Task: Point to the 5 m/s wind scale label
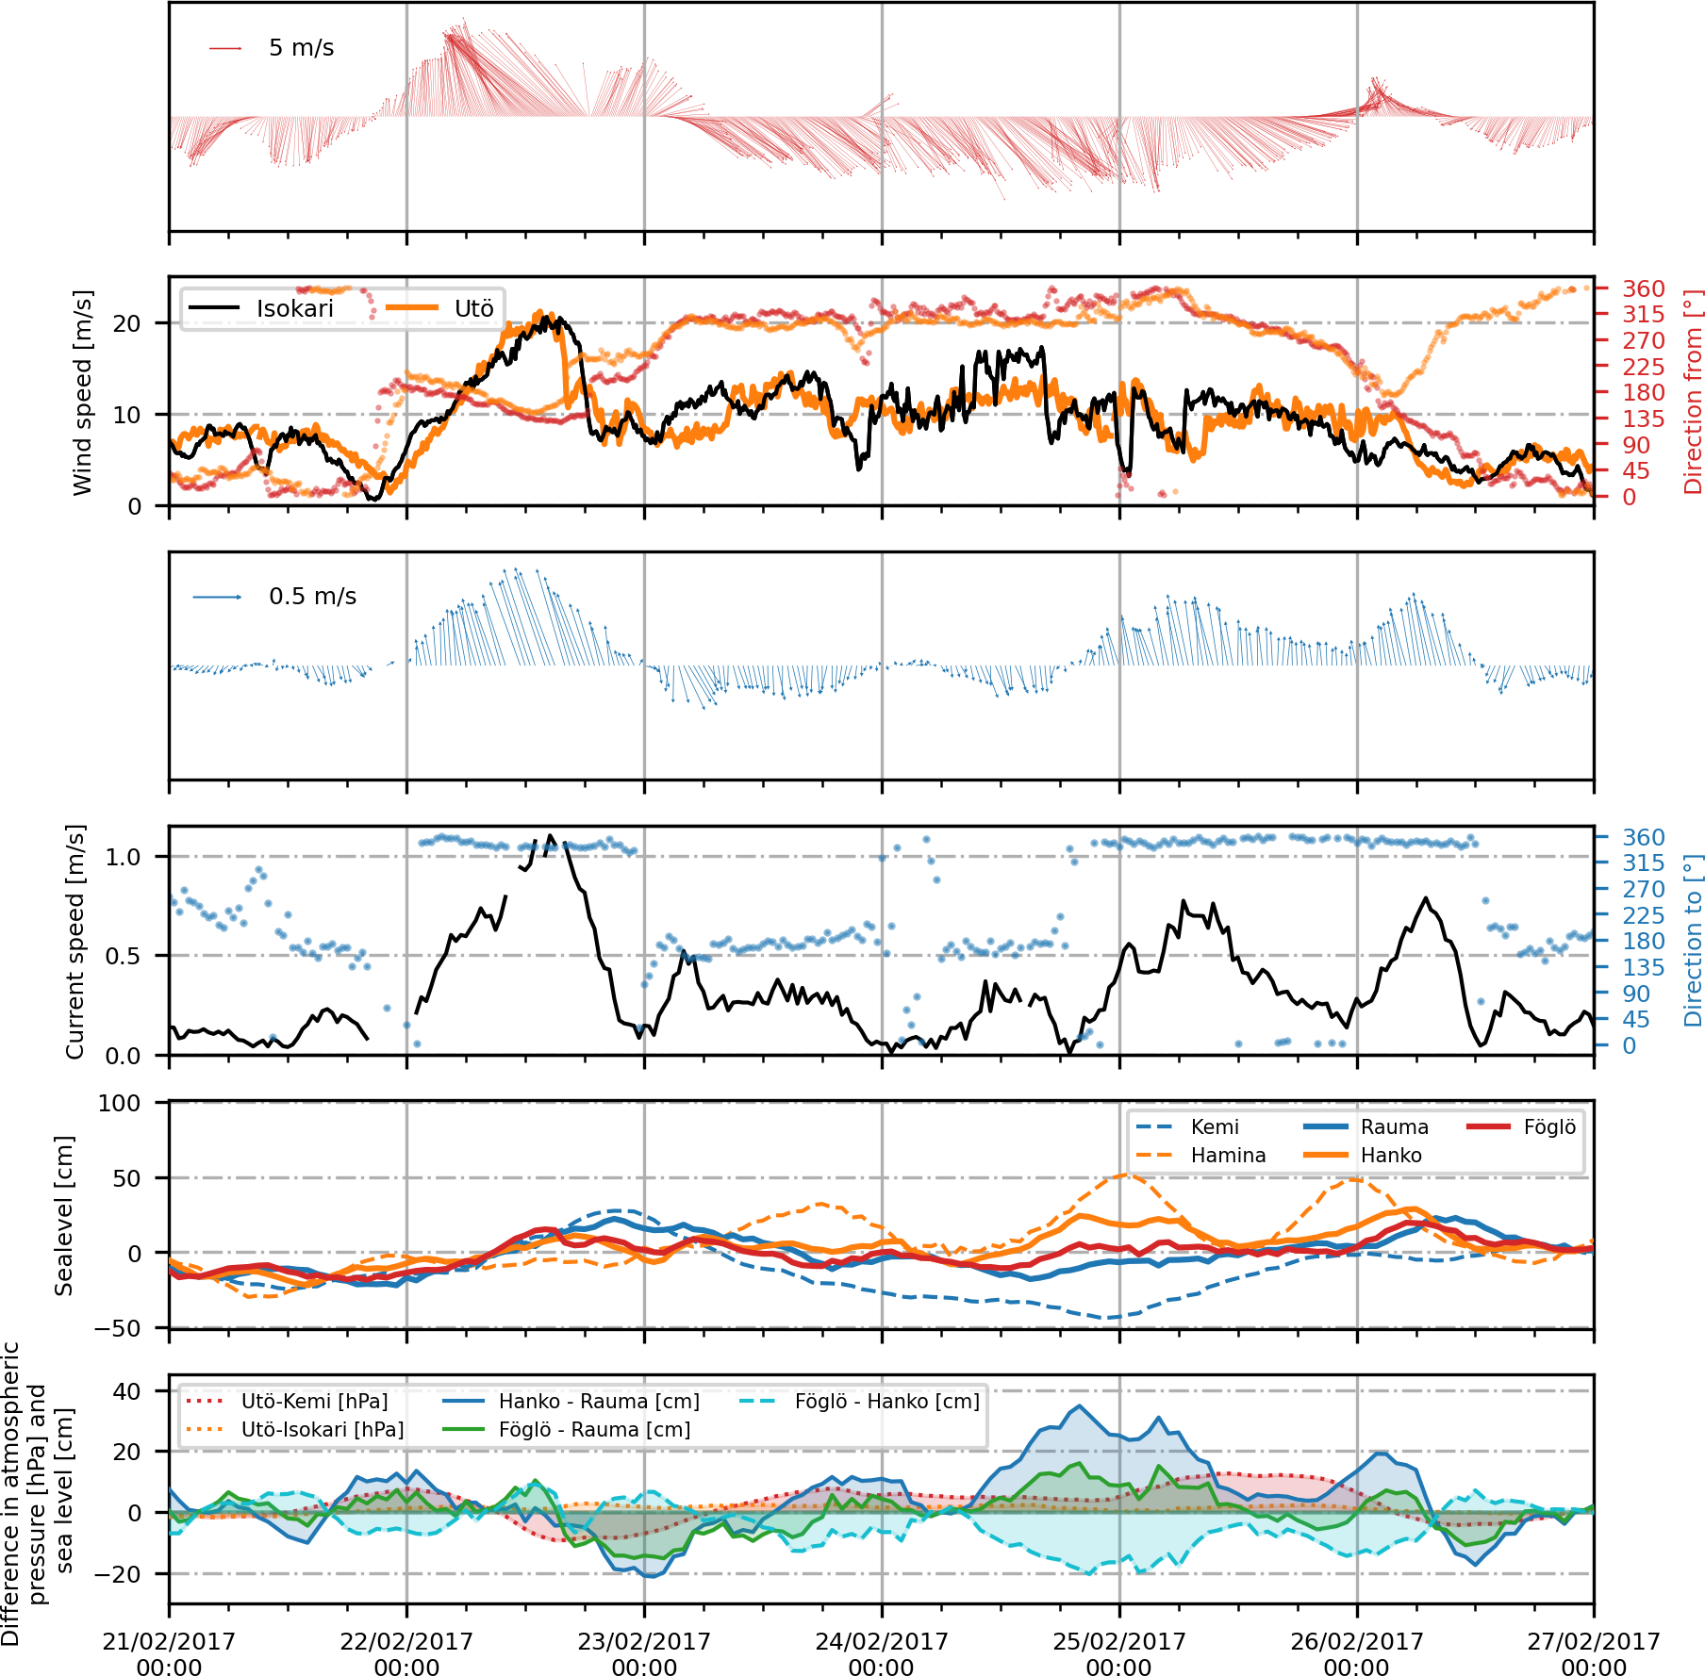pos(301,48)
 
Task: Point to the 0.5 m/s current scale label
pos(312,597)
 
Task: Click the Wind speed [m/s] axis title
pos(83,392)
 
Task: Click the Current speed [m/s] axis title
pos(75,941)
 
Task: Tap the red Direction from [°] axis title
pos(1693,392)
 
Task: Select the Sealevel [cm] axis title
pos(63,1215)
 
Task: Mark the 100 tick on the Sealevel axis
pos(119,1103)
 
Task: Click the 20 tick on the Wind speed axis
pos(126,323)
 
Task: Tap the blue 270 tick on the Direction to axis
pos(1643,889)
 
